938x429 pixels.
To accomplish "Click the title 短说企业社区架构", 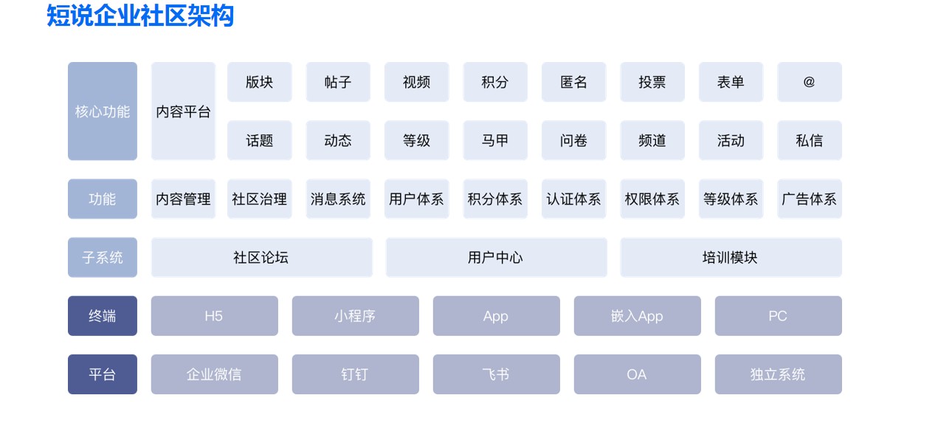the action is point(140,16).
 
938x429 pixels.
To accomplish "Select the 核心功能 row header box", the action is point(103,111).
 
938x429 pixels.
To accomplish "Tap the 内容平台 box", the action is point(184,111).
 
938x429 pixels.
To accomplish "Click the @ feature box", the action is point(810,82).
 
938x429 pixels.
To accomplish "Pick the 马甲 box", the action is point(495,140).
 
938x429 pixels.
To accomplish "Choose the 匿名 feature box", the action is point(573,82).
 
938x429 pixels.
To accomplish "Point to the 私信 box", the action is point(810,140).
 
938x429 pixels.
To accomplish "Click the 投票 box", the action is point(652,82).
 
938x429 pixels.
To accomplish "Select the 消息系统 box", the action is point(338,199).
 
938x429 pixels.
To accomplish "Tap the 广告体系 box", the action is point(810,199).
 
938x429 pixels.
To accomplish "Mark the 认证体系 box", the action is point(573,199).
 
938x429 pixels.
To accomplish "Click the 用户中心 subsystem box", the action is point(496,257).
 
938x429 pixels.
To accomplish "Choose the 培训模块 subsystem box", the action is point(731,257).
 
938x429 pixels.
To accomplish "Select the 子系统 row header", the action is point(103,257).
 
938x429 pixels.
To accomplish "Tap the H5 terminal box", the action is point(215,316).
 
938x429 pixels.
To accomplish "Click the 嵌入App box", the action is point(638,316).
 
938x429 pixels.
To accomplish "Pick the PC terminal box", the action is point(779,316).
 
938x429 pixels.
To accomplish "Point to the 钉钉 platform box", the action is point(356,374).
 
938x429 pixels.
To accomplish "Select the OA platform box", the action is point(638,374).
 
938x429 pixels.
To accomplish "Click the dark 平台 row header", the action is point(103,374).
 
